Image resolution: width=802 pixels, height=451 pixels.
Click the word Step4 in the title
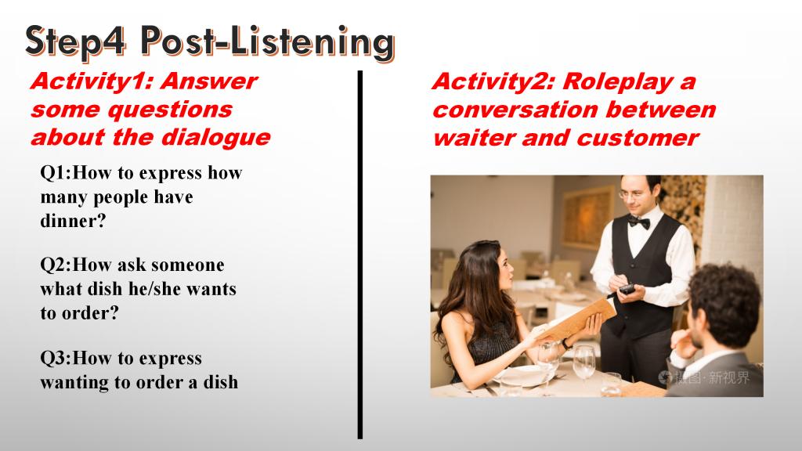pos(76,41)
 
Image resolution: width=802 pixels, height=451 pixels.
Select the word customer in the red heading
pos(638,138)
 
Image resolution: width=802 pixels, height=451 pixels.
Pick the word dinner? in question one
pos(73,221)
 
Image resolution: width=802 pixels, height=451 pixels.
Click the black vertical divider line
pos(360,254)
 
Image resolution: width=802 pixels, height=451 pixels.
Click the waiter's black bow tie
pos(638,222)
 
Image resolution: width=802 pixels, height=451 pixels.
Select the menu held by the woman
pos(576,319)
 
